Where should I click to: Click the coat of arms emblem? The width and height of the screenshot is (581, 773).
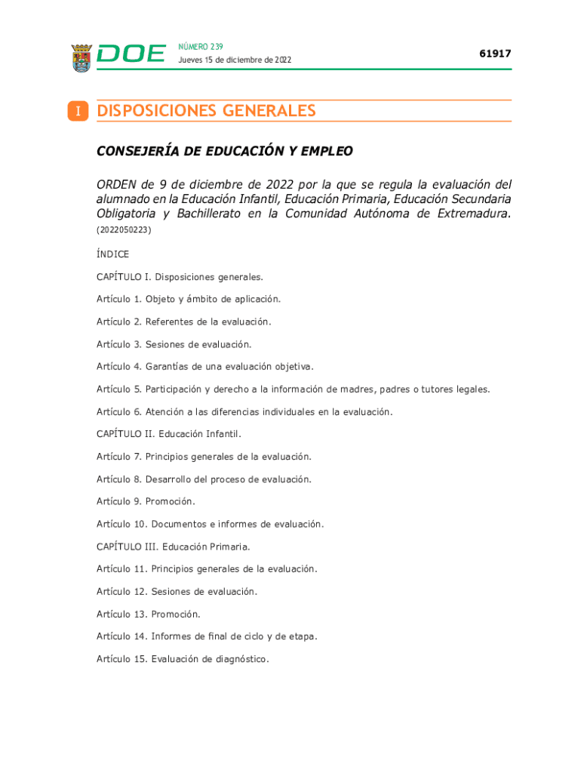(x=81, y=58)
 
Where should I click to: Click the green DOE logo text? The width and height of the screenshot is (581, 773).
(x=131, y=54)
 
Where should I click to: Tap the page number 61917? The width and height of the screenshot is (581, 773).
(x=495, y=54)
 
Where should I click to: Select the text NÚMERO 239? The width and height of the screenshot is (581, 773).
(x=201, y=47)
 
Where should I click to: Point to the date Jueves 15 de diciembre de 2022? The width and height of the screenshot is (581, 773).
(x=235, y=60)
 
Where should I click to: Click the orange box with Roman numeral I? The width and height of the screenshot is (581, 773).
(x=77, y=112)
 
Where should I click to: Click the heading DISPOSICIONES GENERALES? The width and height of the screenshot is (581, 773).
(x=206, y=111)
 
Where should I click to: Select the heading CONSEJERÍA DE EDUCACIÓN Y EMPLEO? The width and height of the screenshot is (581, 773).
(x=224, y=151)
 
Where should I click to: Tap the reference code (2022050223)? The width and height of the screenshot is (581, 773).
(x=124, y=229)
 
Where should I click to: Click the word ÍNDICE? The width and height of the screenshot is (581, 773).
(x=112, y=254)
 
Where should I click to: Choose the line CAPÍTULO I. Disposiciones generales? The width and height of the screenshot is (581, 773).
(x=180, y=277)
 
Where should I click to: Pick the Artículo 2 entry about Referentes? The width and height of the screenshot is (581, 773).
(x=183, y=322)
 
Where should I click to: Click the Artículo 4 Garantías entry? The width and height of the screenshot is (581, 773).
(x=204, y=367)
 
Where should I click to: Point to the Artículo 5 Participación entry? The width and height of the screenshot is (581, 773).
(x=293, y=390)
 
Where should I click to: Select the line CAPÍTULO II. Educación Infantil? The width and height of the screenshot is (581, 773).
(x=168, y=434)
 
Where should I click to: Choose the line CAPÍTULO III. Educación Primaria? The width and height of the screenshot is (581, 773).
(x=173, y=547)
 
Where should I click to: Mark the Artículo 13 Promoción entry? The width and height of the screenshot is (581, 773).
(x=148, y=614)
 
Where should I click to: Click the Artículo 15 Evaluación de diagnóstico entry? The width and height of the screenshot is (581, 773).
(x=182, y=659)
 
